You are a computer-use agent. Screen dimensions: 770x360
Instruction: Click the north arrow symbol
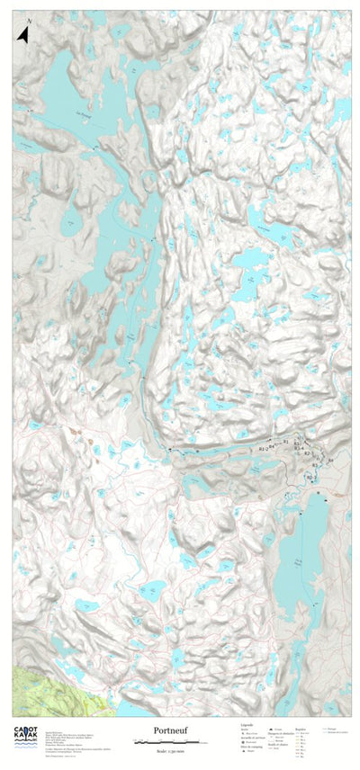[x=24, y=35]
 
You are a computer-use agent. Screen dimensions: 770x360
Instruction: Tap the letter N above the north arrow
[x=29, y=21]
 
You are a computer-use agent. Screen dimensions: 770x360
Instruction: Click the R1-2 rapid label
[x=263, y=447]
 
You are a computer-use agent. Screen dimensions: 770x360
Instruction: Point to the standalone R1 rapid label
[x=285, y=442]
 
